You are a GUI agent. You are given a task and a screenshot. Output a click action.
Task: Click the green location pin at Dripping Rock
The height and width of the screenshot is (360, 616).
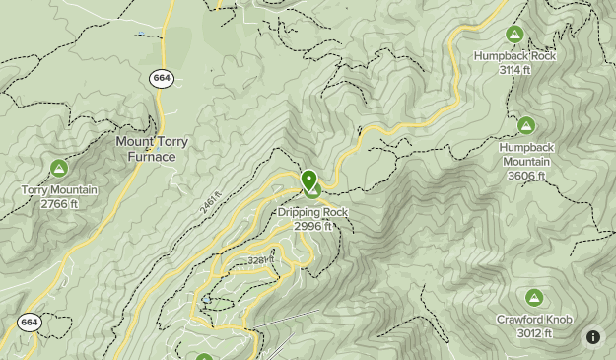[309, 180]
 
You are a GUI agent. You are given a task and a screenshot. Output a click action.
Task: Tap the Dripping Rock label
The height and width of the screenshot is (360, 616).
[312, 212]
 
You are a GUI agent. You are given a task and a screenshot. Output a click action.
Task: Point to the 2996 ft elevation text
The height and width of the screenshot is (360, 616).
[312, 226]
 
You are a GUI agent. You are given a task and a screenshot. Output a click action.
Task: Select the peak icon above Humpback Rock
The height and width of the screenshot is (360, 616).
[513, 35]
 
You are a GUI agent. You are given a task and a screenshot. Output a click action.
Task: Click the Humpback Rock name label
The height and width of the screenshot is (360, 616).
[513, 56]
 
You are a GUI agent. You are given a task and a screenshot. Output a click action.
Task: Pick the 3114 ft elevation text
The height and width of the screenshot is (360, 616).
[513, 70]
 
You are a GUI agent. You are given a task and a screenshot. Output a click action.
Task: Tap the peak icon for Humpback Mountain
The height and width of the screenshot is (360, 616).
[526, 125]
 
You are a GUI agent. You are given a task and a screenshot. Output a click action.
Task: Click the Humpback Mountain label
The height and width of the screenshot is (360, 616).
[527, 154]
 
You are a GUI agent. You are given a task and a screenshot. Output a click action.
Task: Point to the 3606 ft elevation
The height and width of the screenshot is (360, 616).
[527, 176]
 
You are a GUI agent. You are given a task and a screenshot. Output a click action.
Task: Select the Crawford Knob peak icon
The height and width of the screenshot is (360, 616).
[533, 298]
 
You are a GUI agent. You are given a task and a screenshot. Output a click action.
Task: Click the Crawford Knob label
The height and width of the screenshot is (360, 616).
[533, 320]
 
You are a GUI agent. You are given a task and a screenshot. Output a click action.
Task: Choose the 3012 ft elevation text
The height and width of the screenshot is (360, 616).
[533, 333]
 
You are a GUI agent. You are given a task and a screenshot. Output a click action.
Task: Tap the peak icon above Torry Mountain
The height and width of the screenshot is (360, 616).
[59, 169]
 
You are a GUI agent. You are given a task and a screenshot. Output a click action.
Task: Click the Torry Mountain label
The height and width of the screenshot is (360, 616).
[59, 190]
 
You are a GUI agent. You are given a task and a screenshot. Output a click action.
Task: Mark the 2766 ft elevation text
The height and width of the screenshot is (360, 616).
[59, 204]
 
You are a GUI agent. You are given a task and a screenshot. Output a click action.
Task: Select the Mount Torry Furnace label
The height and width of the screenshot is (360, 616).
[152, 149]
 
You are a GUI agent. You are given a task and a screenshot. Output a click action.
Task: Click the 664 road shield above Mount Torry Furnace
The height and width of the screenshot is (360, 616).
[162, 78]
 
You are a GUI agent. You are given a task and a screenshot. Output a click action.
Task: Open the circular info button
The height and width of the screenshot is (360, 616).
[593, 337]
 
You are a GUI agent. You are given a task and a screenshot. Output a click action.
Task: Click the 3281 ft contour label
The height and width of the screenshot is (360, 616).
[259, 260]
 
